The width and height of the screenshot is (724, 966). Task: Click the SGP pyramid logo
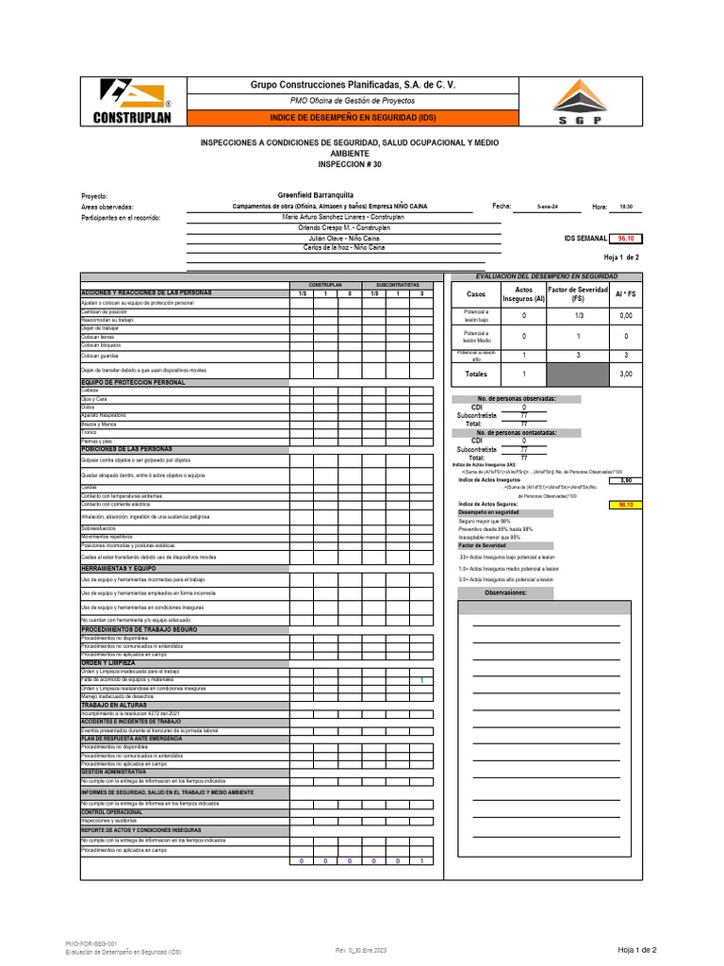pyautogui.click(x=579, y=101)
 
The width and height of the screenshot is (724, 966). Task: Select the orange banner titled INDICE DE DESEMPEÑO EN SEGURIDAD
pyautogui.click(x=353, y=117)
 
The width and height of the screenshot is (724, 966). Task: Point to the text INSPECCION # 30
pyautogui.click(x=350, y=163)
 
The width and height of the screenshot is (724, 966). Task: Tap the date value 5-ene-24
pyautogui.click(x=547, y=206)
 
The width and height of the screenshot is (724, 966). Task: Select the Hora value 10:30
pyautogui.click(x=626, y=206)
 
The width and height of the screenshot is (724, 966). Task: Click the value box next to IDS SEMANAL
pyautogui.click(x=626, y=240)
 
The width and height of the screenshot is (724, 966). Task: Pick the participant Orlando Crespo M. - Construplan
pyautogui.click(x=337, y=227)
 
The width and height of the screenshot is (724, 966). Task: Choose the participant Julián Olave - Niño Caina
pyautogui.click(x=337, y=239)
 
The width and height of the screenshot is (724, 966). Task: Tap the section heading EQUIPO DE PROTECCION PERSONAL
pyautogui.click(x=133, y=382)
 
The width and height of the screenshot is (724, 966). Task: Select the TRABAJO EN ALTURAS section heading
pyautogui.click(x=115, y=705)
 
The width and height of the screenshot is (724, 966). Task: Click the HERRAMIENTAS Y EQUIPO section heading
pyautogui.click(x=119, y=569)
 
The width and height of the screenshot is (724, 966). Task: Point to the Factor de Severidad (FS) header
pyautogui.click(x=578, y=294)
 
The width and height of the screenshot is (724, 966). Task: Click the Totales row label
pyautogui.click(x=476, y=375)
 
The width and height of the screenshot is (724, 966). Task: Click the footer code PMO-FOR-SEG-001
pyautogui.click(x=90, y=942)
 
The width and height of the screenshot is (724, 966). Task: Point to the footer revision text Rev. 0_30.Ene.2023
pyautogui.click(x=361, y=950)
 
